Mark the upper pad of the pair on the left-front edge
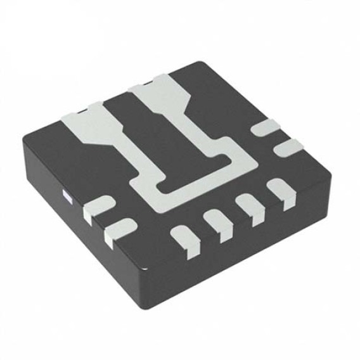tap(98, 209)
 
